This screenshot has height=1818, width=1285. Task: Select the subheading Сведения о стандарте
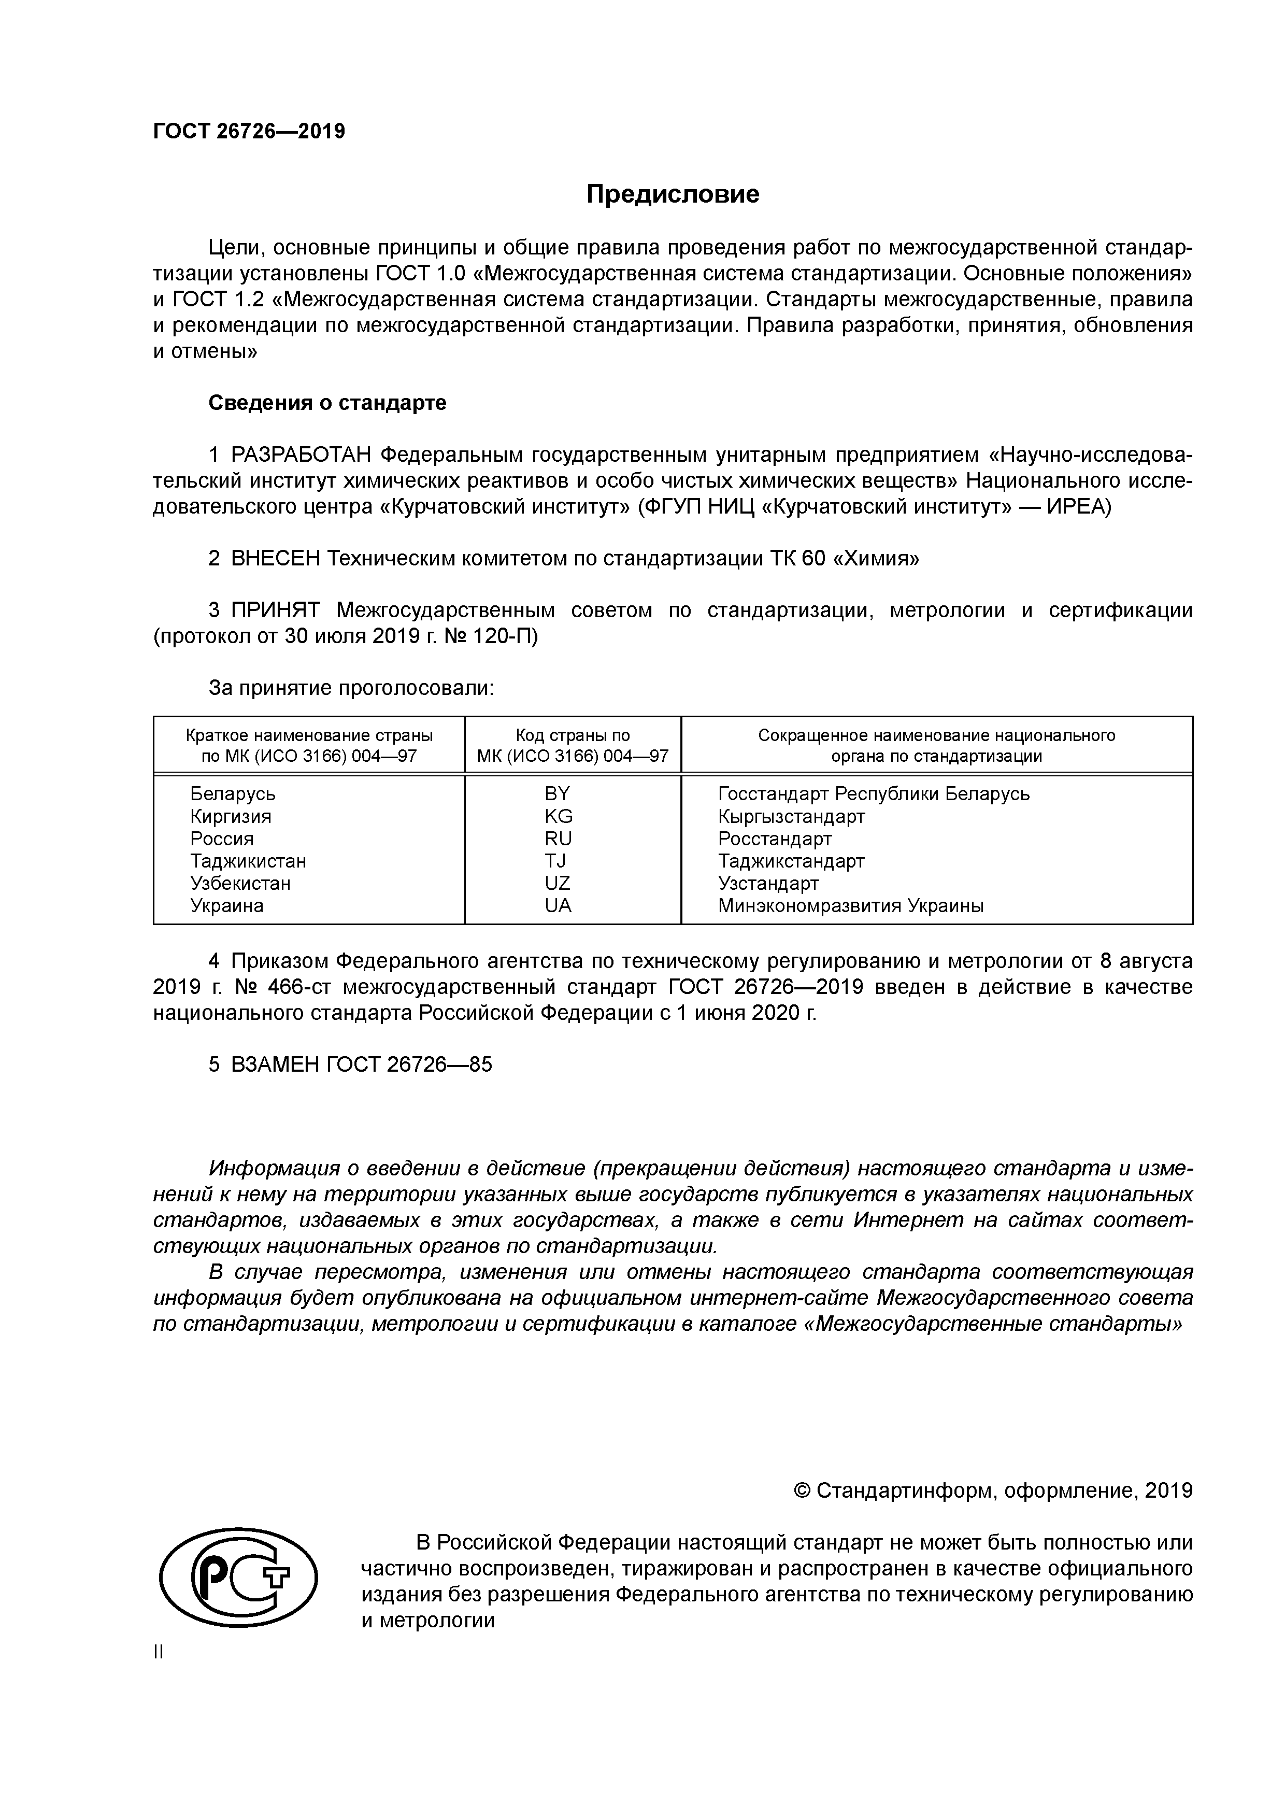[327, 403]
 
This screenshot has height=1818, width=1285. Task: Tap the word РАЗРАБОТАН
[302, 456]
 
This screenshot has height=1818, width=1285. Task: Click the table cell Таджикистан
[248, 861]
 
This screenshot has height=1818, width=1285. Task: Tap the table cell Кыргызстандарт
[791, 816]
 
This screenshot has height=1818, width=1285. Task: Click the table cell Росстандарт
[774, 839]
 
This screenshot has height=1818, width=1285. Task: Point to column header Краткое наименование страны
[309, 735]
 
